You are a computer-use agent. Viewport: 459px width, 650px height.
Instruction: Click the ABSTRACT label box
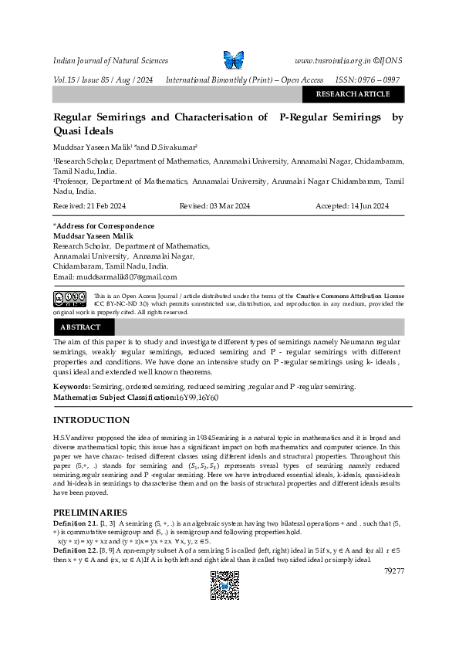(80, 327)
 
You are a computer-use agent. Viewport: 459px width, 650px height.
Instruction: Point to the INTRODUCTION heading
(91, 420)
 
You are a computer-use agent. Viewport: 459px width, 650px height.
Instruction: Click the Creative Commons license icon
(69, 299)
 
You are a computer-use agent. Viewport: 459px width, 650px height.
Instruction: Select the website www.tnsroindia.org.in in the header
(332, 60)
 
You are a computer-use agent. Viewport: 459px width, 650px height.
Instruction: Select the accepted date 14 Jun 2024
(367, 206)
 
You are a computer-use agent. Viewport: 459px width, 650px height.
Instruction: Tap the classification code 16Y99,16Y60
(198, 397)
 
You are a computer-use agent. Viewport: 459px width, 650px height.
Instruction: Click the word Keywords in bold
(71, 386)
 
